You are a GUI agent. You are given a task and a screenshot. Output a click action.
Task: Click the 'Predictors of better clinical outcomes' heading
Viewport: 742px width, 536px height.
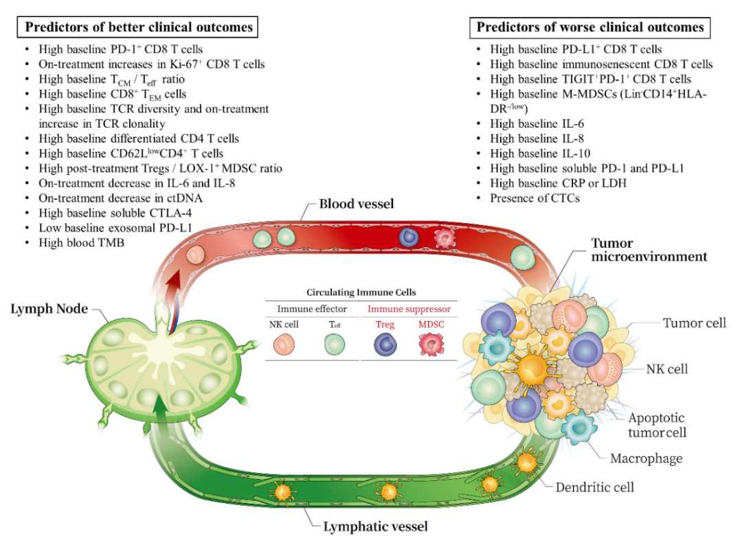click(x=139, y=27)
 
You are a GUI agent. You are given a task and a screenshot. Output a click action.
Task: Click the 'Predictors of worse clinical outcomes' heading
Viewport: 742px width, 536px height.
click(x=590, y=27)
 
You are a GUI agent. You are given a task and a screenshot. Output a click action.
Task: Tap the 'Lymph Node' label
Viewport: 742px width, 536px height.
click(x=49, y=309)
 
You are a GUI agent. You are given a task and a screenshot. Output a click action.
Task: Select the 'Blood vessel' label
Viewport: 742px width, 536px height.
click(x=357, y=204)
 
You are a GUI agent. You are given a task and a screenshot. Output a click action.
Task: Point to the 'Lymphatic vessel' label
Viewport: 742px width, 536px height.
click(x=375, y=526)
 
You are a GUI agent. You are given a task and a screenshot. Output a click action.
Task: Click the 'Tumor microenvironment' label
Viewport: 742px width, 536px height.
click(x=649, y=250)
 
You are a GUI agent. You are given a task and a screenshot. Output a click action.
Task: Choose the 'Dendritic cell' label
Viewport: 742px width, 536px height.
click(x=594, y=487)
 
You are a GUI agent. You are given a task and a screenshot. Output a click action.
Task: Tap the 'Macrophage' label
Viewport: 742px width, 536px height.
click(x=646, y=458)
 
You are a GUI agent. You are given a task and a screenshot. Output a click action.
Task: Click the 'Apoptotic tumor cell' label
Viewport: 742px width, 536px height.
click(x=657, y=425)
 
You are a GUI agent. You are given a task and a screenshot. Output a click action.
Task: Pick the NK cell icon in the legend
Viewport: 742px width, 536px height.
click(x=284, y=344)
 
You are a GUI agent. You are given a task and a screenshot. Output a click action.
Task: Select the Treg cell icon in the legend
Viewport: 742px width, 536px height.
click(x=385, y=344)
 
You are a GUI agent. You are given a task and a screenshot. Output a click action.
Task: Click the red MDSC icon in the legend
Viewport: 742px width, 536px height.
click(x=431, y=344)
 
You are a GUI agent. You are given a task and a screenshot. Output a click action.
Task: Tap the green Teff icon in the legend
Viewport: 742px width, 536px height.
click(x=335, y=344)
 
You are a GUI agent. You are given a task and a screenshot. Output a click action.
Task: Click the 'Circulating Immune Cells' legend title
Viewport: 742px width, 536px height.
click(x=361, y=292)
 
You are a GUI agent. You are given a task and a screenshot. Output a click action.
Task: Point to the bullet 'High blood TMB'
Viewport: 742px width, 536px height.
click(x=81, y=242)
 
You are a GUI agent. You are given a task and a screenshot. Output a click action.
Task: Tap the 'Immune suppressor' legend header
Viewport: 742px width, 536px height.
click(x=409, y=309)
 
